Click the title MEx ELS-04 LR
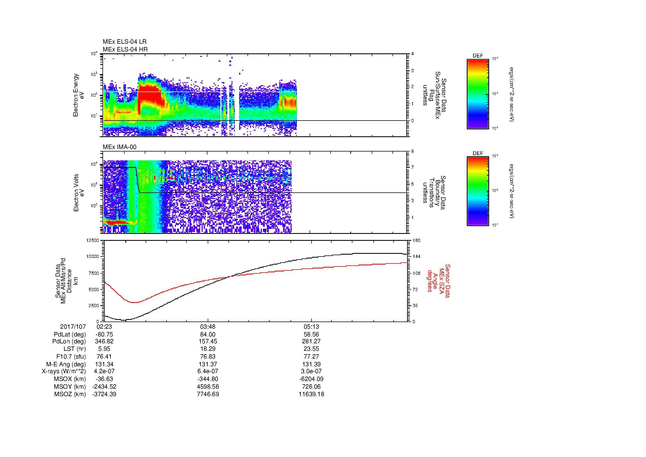[x=124, y=42]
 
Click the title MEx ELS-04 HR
[x=125, y=49]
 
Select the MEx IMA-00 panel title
[x=119, y=147]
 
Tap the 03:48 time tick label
[x=208, y=327]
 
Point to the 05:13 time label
[x=311, y=327]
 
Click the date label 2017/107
[x=73, y=327]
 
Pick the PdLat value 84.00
[x=208, y=335]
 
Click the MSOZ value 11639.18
[x=311, y=394]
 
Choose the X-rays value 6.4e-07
[x=208, y=372]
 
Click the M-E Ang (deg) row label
[x=66, y=364]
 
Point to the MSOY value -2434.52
[x=104, y=387]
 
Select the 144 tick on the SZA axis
[x=416, y=257]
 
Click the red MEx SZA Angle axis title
[x=438, y=281]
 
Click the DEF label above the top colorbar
[x=478, y=56]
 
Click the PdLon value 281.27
[x=311, y=341]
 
